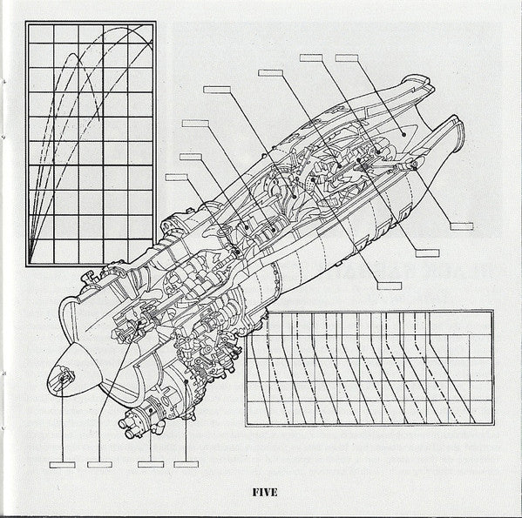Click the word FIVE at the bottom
pyautogui.click(x=265, y=493)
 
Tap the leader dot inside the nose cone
pyautogui.click(x=62, y=380)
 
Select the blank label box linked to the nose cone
pyautogui.click(x=62, y=465)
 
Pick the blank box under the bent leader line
pyautogui.click(x=100, y=465)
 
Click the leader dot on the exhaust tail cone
pyautogui.click(x=403, y=135)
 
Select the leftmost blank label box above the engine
pyautogui.click(x=177, y=178)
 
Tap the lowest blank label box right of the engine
pyautogui.click(x=390, y=286)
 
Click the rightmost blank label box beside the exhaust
pyautogui.click(x=461, y=226)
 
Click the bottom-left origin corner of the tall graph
pyautogui.click(x=29, y=264)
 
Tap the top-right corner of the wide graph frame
pyautogui.click(x=492, y=312)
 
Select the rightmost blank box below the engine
pyautogui.click(x=186, y=465)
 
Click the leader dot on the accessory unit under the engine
pyautogui.click(x=151, y=411)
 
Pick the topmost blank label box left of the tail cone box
pyautogui.click(x=311, y=57)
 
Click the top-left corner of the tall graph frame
pyautogui.click(x=27, y=23)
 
